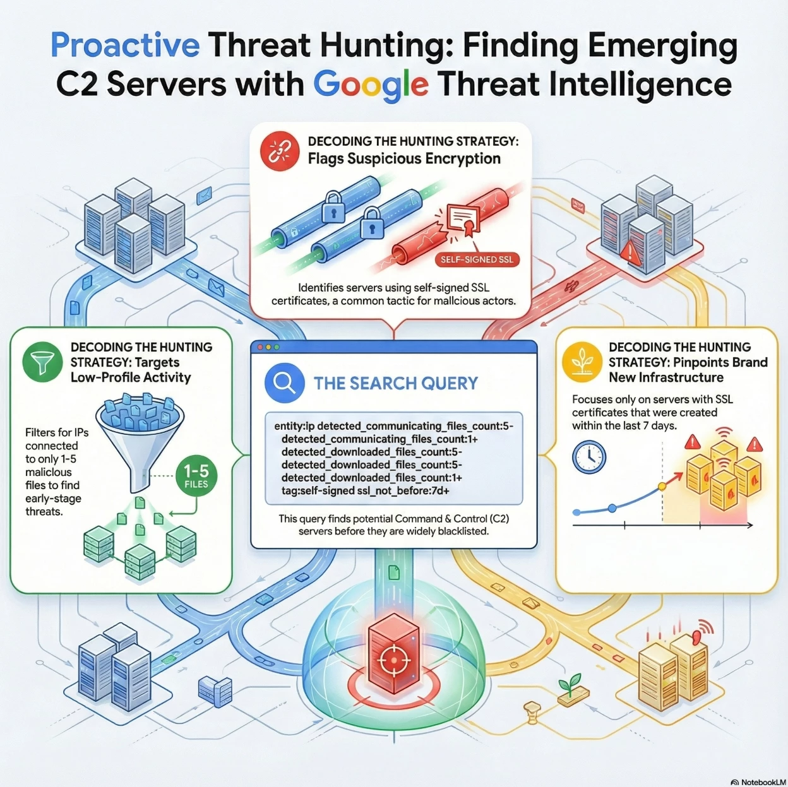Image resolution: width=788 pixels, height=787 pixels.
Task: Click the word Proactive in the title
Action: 125,46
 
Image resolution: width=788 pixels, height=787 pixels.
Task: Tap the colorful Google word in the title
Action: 371,85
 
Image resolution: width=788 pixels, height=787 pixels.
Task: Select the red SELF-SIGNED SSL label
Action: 477,259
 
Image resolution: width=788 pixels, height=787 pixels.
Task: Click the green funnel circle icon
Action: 43,362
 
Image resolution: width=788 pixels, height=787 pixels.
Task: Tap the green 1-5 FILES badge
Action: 196,476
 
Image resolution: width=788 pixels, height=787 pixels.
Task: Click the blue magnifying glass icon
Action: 285,383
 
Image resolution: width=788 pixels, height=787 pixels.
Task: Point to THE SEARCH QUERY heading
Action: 395,384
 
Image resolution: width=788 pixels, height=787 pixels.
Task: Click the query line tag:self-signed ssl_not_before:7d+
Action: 365,490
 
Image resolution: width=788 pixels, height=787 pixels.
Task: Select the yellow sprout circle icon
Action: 582,362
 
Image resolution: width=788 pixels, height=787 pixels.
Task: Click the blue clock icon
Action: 589,457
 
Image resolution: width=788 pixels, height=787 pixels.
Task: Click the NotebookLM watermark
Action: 758,782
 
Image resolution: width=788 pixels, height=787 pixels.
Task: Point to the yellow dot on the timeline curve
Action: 662,487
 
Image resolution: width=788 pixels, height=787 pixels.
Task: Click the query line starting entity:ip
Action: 393,426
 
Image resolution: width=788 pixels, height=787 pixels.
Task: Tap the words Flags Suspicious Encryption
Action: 404,158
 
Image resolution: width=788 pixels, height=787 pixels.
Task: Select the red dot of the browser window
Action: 260,347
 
